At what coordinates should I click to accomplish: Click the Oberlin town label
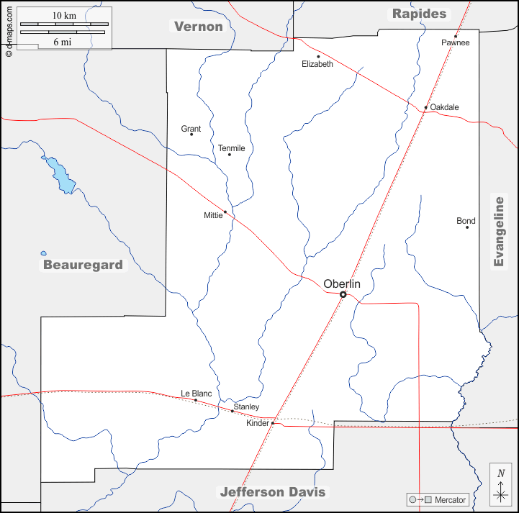click(x=342, y=283)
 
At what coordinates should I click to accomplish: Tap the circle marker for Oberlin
click(x=343, y=294)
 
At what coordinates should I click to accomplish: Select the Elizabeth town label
click(x=317, y=64)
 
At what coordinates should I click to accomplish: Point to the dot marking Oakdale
click(x=426, y=108)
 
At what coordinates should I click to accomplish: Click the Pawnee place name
click(x=456, y=42)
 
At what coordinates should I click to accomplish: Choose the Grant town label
click(x=191, y=129)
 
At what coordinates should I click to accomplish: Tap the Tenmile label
click(x=232, y=148)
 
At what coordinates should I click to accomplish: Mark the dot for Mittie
click(x=225, y=212)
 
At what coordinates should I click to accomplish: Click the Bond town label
click(x=466, y=221)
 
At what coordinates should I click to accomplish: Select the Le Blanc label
click(x=197, y=394)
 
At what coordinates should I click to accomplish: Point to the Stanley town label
click(x=246, y=407)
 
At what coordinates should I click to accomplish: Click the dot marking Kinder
click(x=273, y=423)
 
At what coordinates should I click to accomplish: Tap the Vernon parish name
click(x=199, y=27)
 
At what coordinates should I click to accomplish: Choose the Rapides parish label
click(x=419, y=14)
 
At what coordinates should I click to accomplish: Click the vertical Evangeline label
click(x=499, y=231)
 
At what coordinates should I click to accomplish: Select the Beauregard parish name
click(x=83, y=265)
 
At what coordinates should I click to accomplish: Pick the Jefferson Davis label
click(x=272, y=492)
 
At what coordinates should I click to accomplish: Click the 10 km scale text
click(x=64, y=15)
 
